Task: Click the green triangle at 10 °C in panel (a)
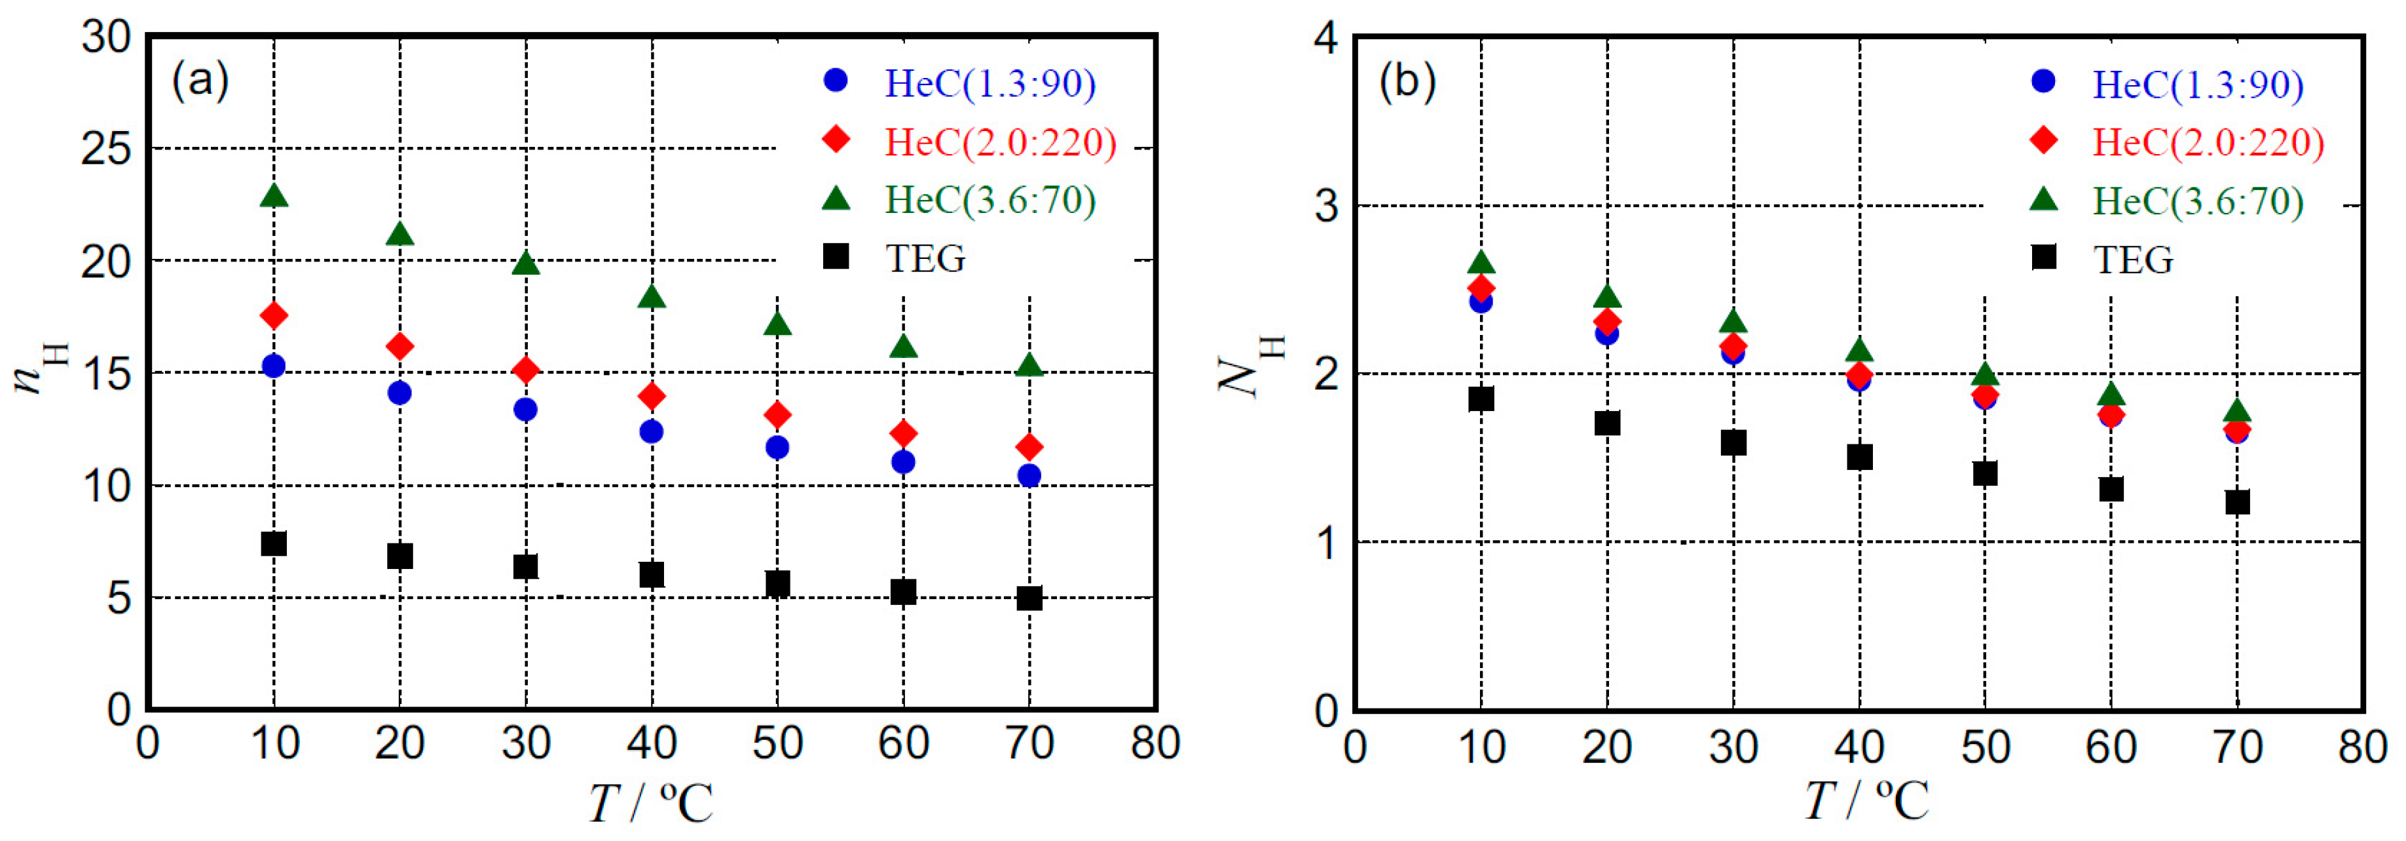pyautogui.click(x=274, y=195)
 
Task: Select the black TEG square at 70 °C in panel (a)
pyautogui.click(x=1028, y=597)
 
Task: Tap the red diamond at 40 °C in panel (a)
pyautogui.click(x=651, y=396)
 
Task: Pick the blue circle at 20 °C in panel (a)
pyautogui.click(x=399, y=393)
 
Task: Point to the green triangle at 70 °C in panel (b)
pyautogui.click(x=2236, y=411)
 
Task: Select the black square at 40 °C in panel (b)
pyautogui.click(x=1859, y=457)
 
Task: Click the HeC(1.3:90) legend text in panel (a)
pyautogui.click(x=990, y=84)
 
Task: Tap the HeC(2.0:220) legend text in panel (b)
pyautogui.click(x=2208, y=143)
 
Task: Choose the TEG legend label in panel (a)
pyautogui.click(x=925, y=258)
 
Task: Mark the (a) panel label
pyautogui.click(x=200, y=81)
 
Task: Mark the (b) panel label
pyautogui.click(x=1407, y=82)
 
